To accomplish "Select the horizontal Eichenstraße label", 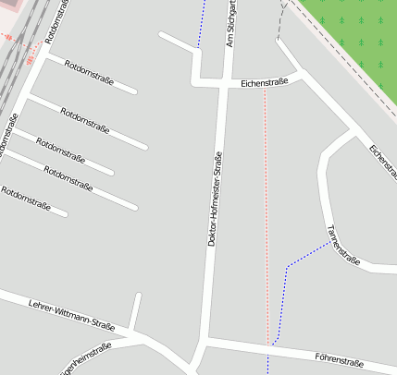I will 264,82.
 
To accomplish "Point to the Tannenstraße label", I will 342,245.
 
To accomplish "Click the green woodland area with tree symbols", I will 356,37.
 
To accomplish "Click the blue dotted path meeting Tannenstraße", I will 296,262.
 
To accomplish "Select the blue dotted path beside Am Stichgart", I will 201,23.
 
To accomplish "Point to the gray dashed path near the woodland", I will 279,28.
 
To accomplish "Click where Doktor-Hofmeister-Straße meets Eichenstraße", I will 225,84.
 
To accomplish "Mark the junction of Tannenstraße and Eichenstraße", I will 354,132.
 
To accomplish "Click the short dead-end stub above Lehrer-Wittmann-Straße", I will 136,309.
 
